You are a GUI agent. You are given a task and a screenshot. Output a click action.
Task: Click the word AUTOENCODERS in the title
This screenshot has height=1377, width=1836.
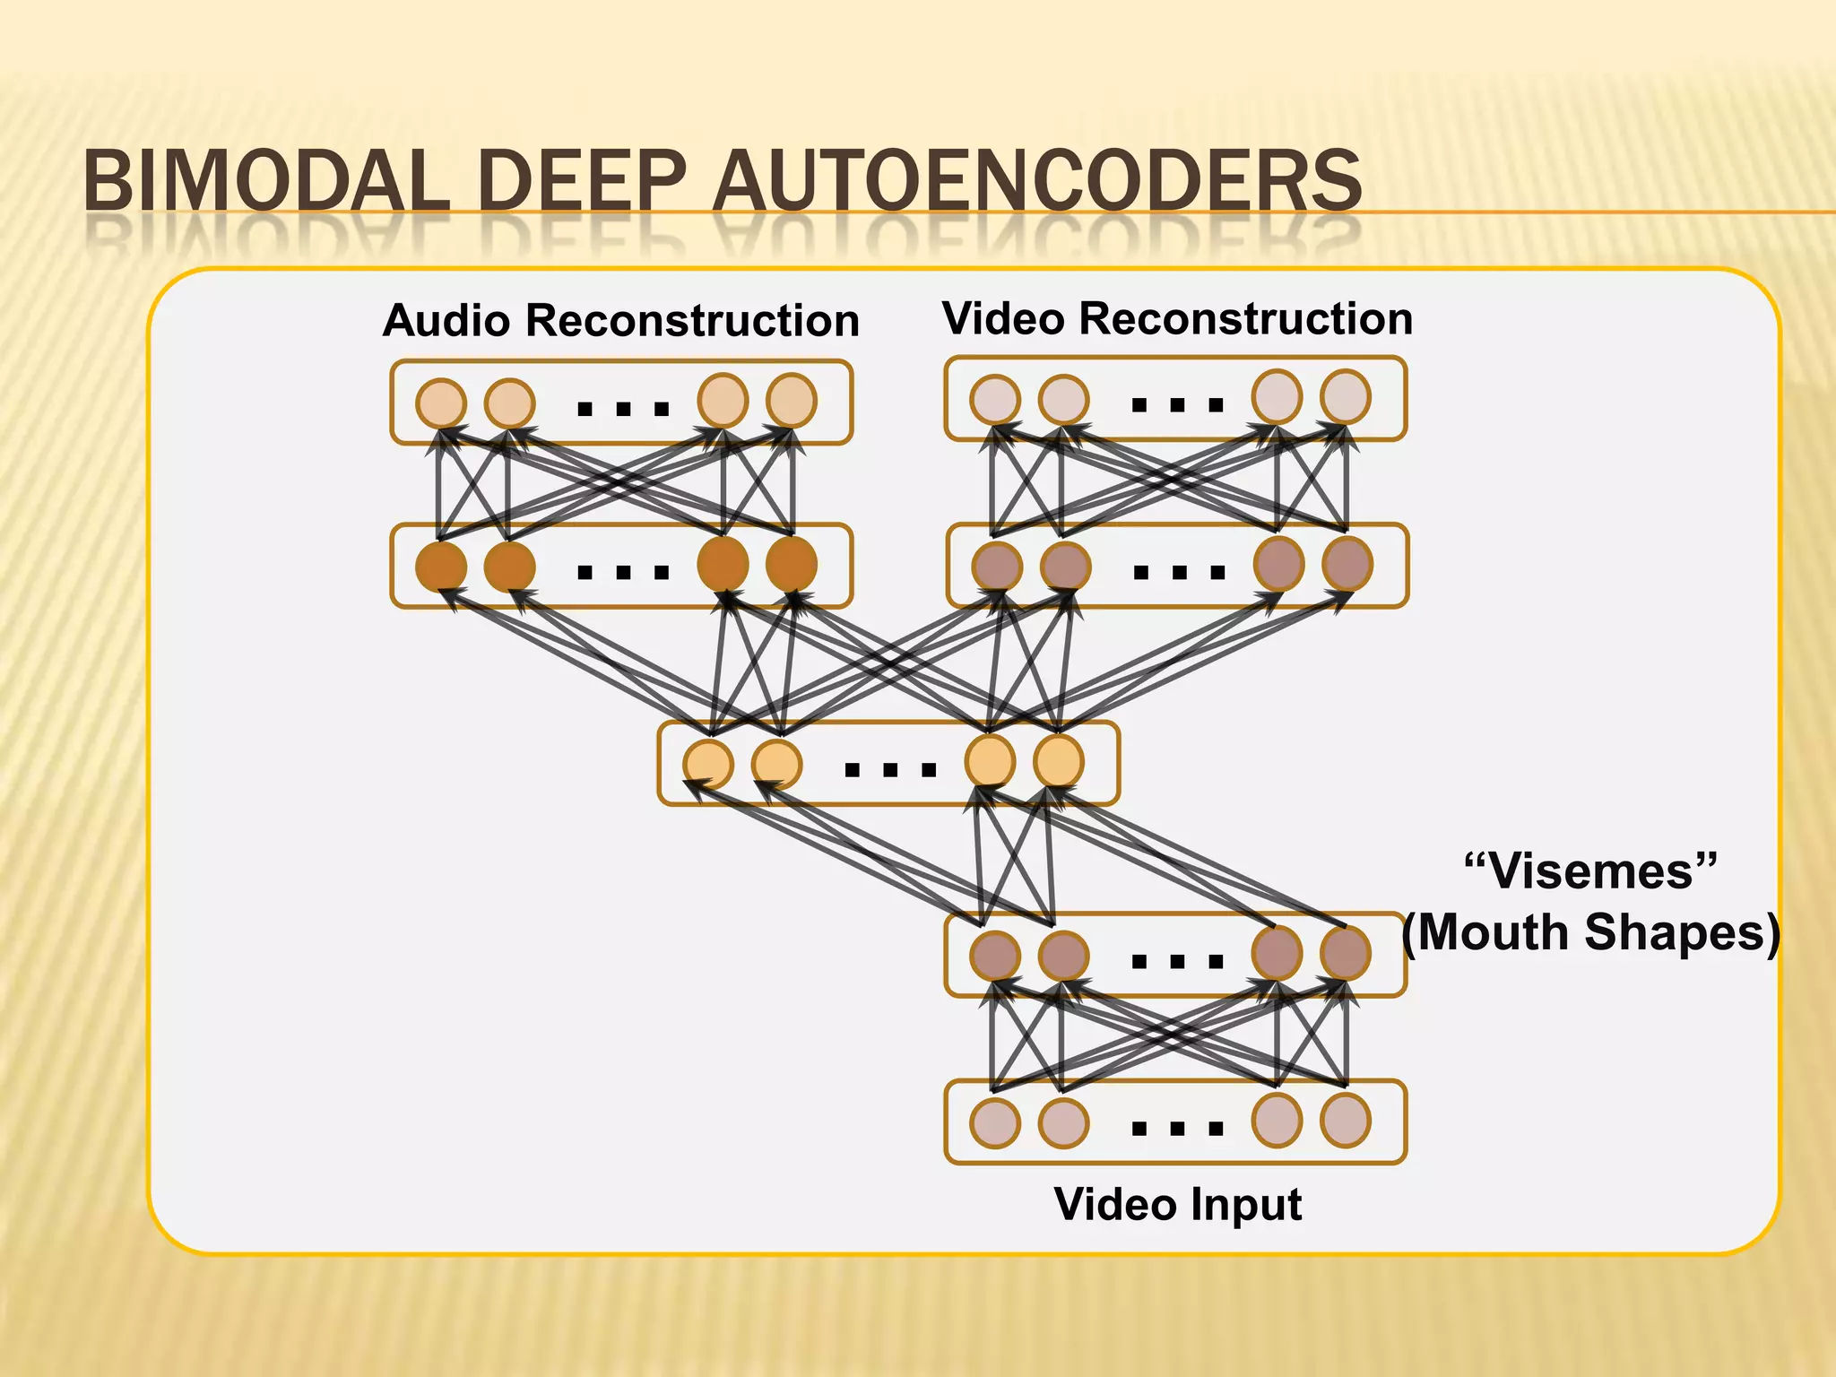click(x=1037, y=181)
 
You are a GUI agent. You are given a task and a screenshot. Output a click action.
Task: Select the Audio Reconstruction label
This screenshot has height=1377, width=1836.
click(x=620, y=320)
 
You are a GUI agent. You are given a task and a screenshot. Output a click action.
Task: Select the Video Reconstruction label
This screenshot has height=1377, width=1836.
click(x=1177, y=318)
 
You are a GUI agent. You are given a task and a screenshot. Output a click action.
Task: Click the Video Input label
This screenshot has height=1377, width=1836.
click(x=1177, y=1204)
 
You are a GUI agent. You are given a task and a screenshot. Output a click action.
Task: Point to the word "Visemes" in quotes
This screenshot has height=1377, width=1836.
click(x=1590, y=871)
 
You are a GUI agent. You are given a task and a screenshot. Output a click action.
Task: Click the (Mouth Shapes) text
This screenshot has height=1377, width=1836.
click(x=1590, y=932)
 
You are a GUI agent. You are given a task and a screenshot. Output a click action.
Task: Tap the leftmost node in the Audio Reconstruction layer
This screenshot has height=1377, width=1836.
click(x=441, y=403)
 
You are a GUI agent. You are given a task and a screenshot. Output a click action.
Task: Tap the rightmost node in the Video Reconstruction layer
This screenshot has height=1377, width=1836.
click(x=1346, y=396)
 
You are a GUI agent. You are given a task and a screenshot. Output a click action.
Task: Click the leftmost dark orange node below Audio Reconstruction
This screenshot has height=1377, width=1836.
click(x=441, y=567)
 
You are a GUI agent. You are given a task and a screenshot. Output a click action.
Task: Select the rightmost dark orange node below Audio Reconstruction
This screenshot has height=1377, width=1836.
click(x=792, y=564)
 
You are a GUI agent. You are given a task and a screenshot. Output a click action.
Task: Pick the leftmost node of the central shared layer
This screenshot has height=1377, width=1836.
click(x=708, y=764)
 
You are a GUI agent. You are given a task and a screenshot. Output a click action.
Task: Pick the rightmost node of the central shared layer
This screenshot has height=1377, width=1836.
click(x=1059, y=761)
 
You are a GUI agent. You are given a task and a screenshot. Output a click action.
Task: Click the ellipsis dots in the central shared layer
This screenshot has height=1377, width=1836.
click(x=890, y=769)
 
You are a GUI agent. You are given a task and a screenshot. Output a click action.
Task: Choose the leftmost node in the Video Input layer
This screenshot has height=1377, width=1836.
click(x=995, y=1122)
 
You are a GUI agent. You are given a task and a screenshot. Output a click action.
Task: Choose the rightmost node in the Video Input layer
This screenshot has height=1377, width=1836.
click(x=1346, y=1121)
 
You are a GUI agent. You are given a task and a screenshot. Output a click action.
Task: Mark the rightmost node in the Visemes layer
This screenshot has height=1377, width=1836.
click(x=1346, y=953)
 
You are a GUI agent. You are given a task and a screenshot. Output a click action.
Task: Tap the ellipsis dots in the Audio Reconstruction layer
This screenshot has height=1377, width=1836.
click(x=623, y=410)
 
